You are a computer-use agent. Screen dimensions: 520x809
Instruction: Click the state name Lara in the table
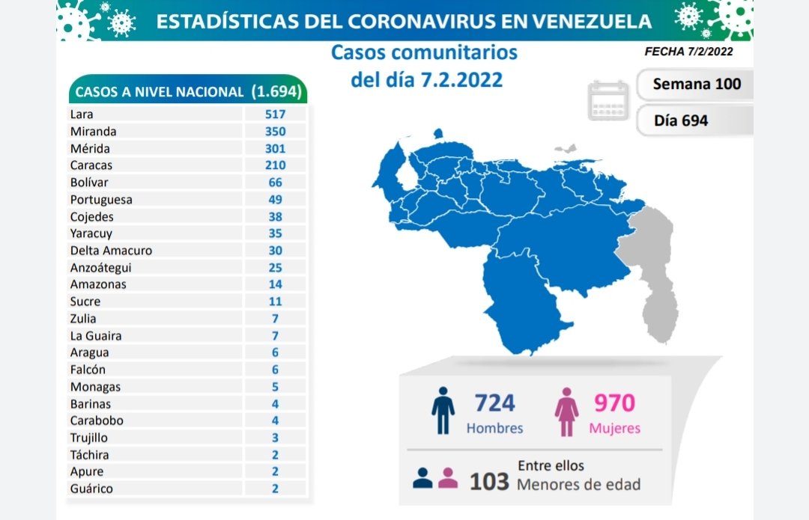pyautogui.click(x=81, y=114)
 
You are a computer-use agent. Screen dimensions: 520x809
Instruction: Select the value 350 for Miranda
pyautogui.click(x=275, y=131)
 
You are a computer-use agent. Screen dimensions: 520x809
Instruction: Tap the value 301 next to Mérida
pyautogui.click(x=275, y=148)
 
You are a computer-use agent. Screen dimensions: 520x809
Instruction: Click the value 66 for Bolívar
pyautogui.click(x=275, y=183)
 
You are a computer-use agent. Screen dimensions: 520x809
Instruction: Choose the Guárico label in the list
pyautogui.click(x=92, y=489)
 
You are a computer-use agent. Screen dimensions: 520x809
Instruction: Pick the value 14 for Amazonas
pyautogui.click(x=275, y=284)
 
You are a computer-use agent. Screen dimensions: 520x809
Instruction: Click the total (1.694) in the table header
pyautogui.click(x=276, y=92)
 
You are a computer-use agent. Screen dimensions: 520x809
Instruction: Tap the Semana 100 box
pyautogui.click(x=696, y=84)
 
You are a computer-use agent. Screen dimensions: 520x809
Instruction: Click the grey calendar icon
pyautogui.click(x=608, y=100)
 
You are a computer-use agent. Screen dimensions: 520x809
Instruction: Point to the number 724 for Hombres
pyautogui.click(x=494, y=403)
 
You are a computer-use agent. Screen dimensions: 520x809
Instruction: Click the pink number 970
pyautogui.click(x=614, y=403)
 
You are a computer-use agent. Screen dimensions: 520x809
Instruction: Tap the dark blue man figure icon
pyautogui.click(x=443, y=410)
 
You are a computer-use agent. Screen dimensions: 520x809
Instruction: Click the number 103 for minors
pyautogui.click(x=489, y=481)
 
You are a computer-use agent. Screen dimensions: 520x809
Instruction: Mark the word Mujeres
pyautogui.click(x=614, y=429)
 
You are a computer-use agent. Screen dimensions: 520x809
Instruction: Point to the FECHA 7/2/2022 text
pyautogui.click(x=688, y=52)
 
